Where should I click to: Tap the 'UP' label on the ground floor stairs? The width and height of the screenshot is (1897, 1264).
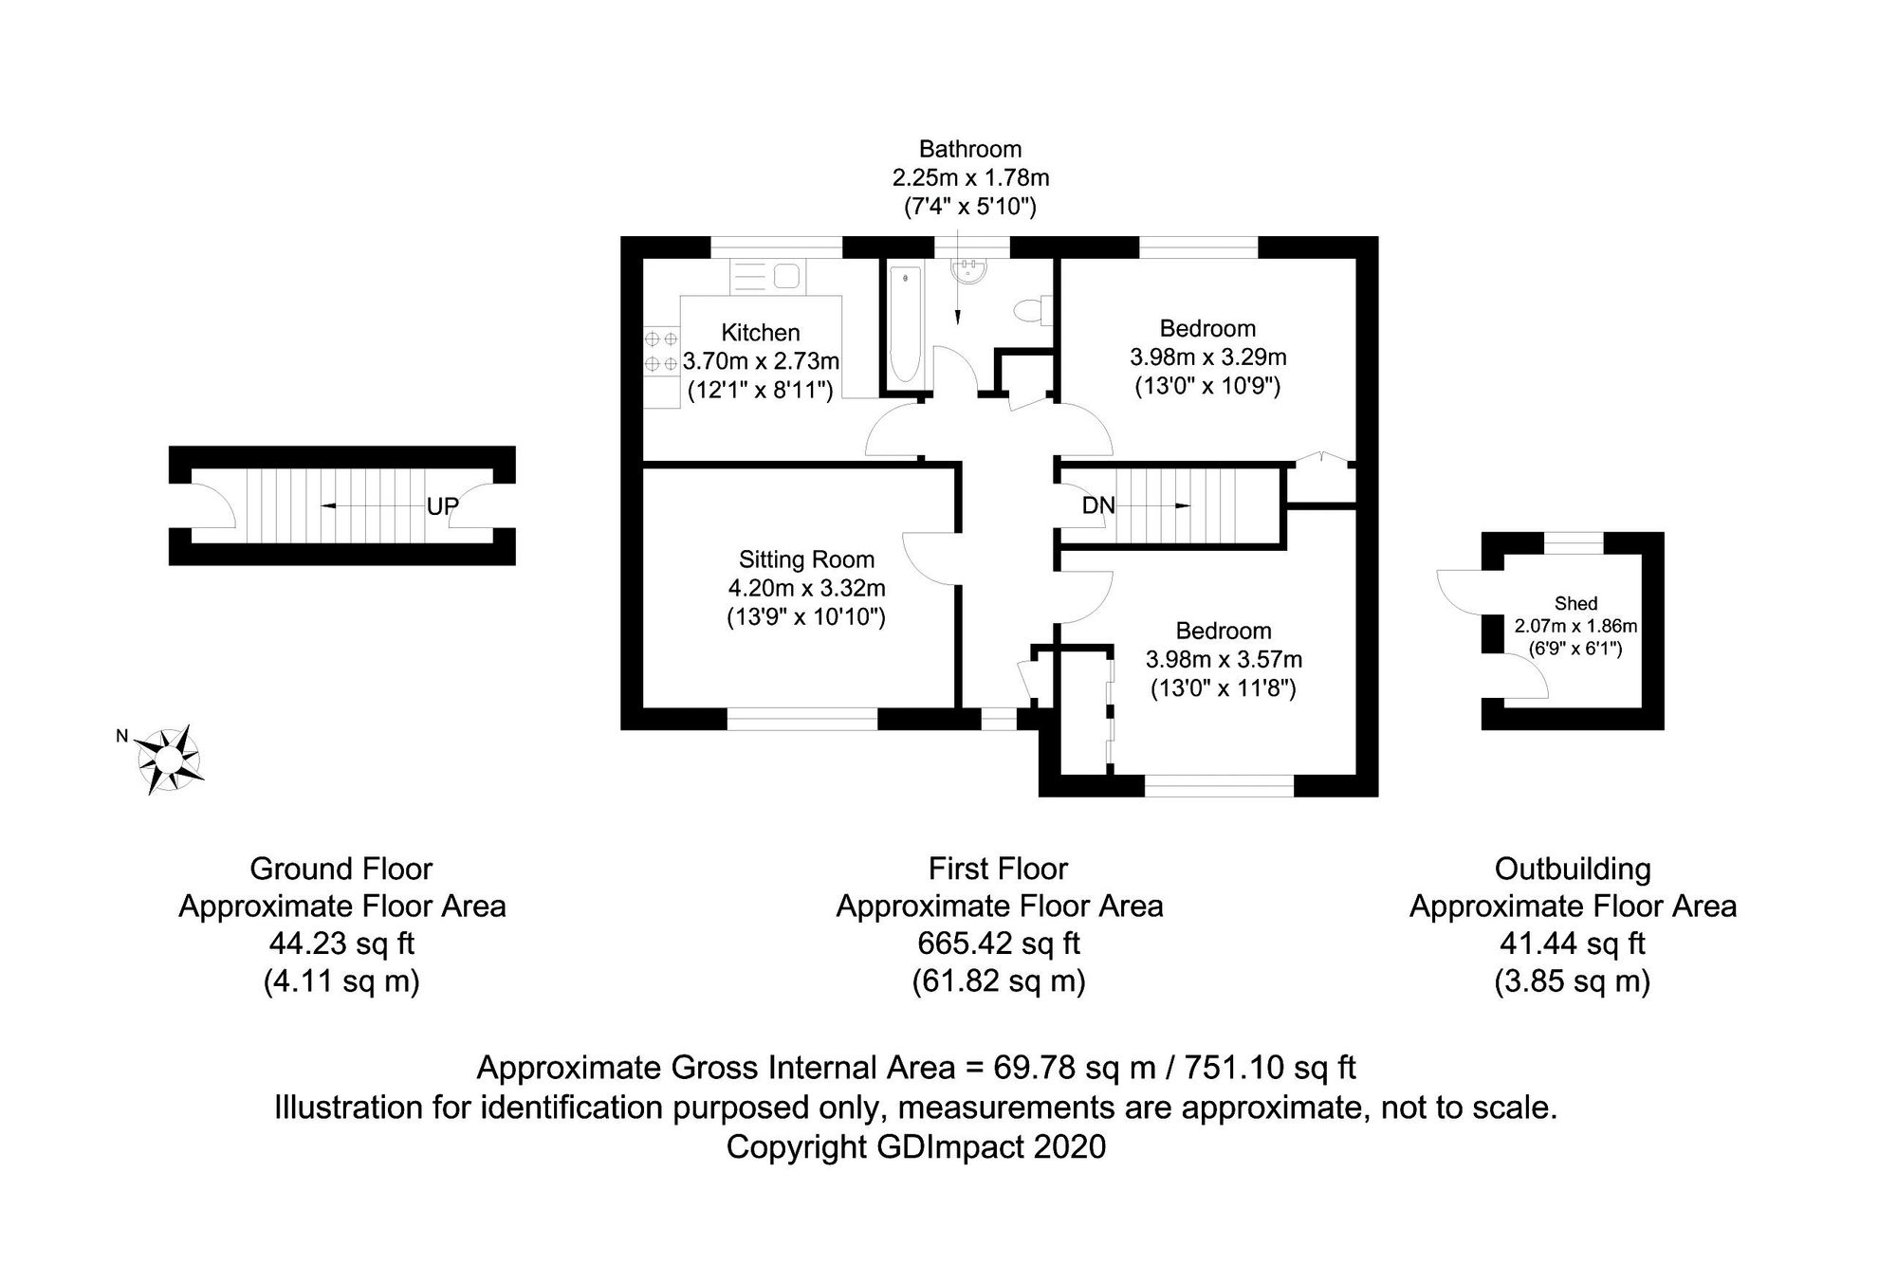click(442, 506)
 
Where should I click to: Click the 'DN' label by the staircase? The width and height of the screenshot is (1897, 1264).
click(1098, 505)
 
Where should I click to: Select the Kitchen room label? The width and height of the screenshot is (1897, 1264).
click(761, 333)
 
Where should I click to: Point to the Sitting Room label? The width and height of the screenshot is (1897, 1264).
click(806, 559)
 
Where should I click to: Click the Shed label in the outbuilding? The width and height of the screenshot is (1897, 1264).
click(1575, 603)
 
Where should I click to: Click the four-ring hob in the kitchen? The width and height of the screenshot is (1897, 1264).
click(661, 350)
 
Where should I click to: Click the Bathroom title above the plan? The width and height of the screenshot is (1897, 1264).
click(970, 149)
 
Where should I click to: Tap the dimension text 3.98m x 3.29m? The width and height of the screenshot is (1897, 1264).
click(1207, 357)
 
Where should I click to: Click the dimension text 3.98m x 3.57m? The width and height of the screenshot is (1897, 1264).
click(1224, 659)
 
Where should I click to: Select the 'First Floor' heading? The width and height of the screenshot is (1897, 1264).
click(998, 869)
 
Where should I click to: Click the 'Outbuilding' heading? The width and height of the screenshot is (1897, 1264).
click(1573, 869)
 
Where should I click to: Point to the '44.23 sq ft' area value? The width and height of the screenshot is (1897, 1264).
click(341, 943)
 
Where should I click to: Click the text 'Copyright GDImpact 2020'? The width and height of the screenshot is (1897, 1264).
click(916, 1147)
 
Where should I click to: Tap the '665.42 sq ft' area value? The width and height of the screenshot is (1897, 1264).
click(999, 943)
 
